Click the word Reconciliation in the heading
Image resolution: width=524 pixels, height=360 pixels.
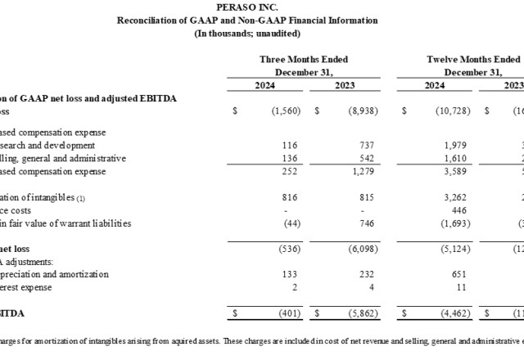pyautogui.click(x=147, y=20)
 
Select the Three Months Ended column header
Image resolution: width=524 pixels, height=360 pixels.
pyautogui.click(x=303, y=59)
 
